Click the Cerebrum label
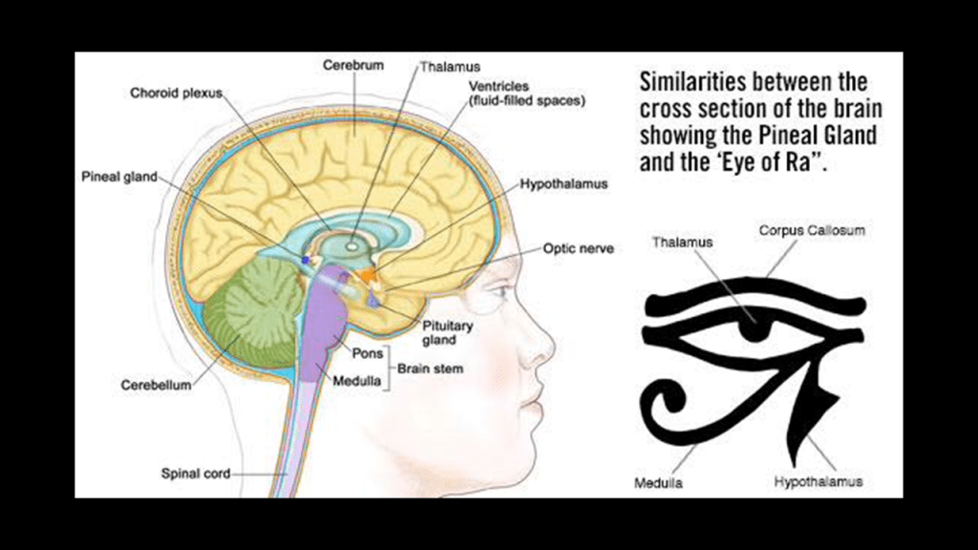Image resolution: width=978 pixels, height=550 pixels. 353,66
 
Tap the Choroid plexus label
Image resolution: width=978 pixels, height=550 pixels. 176,93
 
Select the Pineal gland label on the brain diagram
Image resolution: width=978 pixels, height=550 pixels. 119,177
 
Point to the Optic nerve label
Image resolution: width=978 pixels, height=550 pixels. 578,249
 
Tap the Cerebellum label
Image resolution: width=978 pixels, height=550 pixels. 156,386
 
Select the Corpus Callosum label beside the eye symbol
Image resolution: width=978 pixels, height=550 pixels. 812,231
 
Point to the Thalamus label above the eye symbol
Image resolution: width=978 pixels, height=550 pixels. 682,243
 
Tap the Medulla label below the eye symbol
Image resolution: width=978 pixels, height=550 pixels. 658,483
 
